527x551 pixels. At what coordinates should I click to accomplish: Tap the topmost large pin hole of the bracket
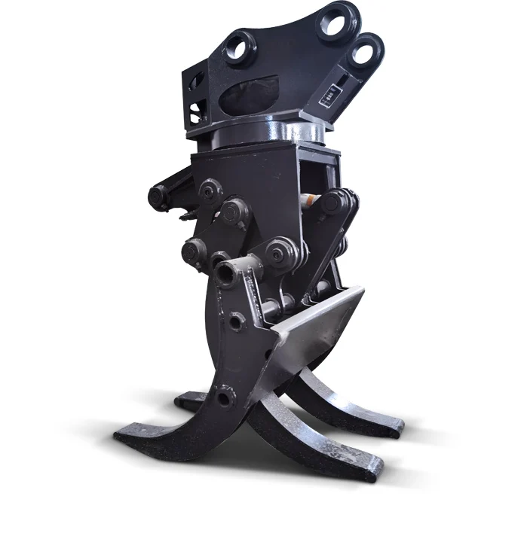(x=333, y=20)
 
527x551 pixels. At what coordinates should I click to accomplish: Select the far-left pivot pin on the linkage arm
(x=157, y=197)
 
